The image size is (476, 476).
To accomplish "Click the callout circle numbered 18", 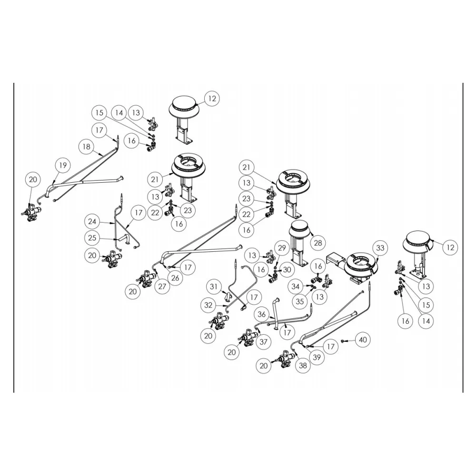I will (86, 147).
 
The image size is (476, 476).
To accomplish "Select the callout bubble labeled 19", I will (62, 166).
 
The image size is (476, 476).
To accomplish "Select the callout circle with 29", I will (282, 248).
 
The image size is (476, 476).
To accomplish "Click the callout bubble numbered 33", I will (380, 248).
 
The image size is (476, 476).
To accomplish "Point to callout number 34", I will (297, 286).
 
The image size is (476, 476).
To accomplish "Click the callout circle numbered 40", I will (363, 340).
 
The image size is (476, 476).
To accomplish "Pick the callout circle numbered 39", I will (317, 357).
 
